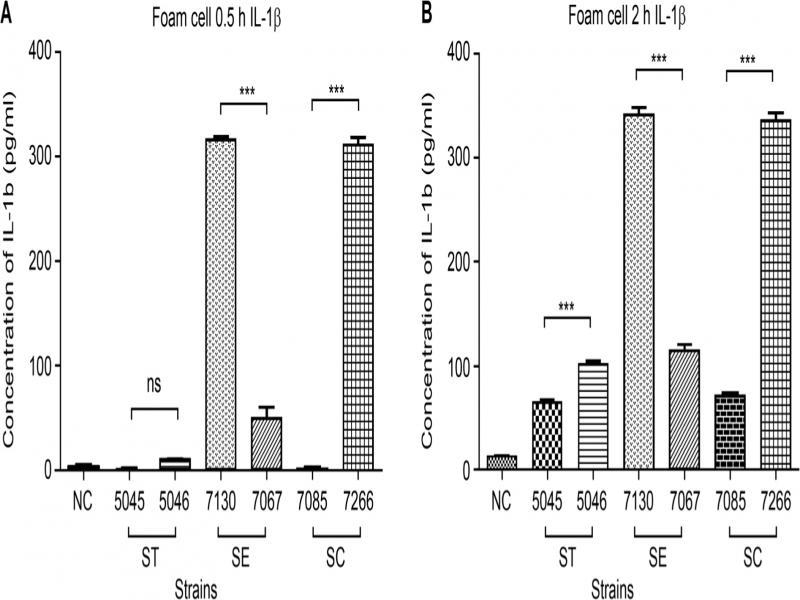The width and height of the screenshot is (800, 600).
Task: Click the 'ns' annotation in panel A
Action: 154,384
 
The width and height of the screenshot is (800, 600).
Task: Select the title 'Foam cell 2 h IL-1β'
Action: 615,14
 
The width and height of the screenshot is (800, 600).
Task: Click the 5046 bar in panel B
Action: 591,417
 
